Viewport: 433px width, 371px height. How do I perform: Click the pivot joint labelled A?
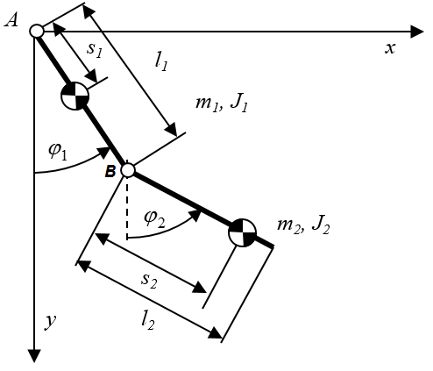[x=37, y=31]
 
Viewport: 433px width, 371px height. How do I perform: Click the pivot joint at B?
[x=128, y=170]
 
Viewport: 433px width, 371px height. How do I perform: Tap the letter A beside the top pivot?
[x=11, y=21]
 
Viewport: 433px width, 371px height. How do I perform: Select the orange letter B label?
[x=110, y=171]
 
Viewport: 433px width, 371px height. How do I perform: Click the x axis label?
[x=390, y=48]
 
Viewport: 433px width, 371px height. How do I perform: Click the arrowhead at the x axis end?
[x=417, y=32]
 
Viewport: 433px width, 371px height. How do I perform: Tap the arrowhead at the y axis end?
[x=35, y=356]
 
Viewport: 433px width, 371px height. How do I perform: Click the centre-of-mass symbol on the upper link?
[x=75, y=96]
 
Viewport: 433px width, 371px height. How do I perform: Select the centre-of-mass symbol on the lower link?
[x=242, y=232]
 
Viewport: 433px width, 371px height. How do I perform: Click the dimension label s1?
[x=95, y=49]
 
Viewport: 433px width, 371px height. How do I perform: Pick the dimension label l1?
[x=161, y=62]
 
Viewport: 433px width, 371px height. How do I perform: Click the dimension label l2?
[x=147, y=321]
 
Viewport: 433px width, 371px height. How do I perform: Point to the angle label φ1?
[x=58, y=152]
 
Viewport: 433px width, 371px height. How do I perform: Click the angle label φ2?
[x=155, y=218]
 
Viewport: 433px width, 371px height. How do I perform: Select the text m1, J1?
[x=222, y=103]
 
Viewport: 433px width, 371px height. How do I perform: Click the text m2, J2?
[x=303, y=225]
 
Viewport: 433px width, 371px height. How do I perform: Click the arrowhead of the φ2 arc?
[x=195, y=216]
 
